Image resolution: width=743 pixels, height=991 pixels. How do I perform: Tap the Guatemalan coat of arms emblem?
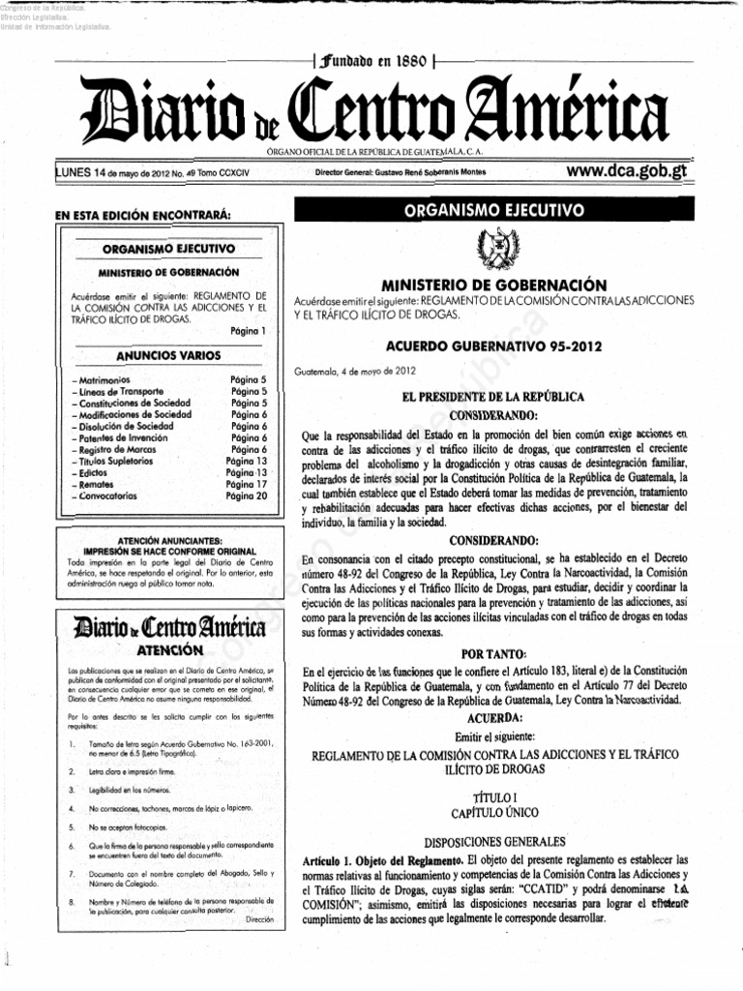pos(494,252)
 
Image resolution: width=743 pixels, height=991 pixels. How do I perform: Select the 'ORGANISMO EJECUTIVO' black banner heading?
pos(494,210)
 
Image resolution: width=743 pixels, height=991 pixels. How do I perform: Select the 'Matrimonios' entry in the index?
pos(102,380)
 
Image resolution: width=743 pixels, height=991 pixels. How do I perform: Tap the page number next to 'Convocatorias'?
pos(246,495)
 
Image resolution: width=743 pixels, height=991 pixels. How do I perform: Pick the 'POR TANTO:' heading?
pos(494,653)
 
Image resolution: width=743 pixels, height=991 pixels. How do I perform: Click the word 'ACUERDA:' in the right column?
pos(494,717)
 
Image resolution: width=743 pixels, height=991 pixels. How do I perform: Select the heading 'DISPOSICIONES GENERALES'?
pos(494,841)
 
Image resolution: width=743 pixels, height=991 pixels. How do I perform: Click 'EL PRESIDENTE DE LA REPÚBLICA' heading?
pos(494,397)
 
